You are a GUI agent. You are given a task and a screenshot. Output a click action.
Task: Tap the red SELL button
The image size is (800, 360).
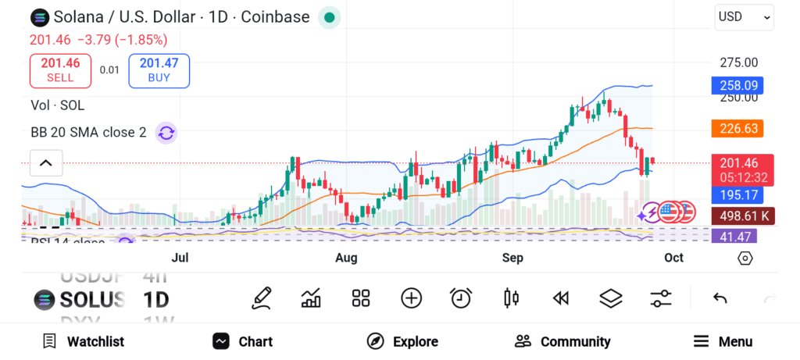(60, 71)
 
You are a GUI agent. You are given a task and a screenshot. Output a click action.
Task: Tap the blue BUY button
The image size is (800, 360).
(159, 71)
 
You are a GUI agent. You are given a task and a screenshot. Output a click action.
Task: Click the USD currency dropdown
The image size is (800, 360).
(744, 17)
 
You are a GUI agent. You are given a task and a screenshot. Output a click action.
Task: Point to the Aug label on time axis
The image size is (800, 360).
(346, 258)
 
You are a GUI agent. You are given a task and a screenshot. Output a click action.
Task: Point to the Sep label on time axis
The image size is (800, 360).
(512, 258)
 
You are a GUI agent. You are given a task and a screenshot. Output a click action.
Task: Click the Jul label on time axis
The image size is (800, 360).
(180, 258)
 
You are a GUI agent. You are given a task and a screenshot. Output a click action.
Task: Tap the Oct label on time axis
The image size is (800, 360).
(673, 258)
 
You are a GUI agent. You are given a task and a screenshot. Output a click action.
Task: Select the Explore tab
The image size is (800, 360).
(402, 341)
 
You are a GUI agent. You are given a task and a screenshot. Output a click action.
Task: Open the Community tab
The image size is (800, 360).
(562, 341)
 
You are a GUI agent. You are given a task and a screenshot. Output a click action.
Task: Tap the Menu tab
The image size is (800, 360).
(723, 341)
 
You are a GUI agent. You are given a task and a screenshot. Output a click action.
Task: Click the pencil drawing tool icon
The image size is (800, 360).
(262, 298)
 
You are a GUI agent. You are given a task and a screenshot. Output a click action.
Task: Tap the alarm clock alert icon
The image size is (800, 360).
(461, 298)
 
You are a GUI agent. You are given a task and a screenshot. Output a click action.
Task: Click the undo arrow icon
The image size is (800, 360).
(720, 298)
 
